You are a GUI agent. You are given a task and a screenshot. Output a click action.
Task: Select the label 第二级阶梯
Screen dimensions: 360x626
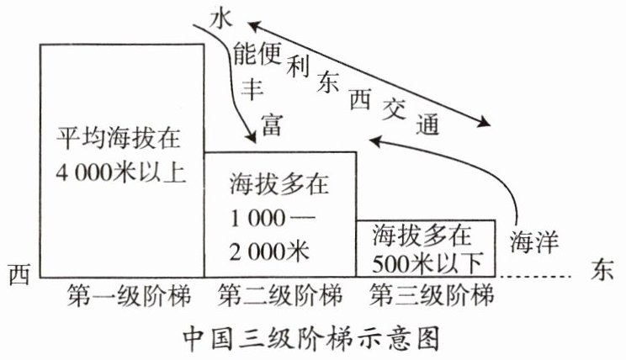point(280,296)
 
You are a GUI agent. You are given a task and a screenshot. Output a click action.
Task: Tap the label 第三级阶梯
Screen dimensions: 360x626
point(430,296)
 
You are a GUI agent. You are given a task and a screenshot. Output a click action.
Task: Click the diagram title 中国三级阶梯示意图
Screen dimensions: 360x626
point(311,338)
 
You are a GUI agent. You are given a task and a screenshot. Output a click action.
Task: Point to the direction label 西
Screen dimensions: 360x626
point(19,273)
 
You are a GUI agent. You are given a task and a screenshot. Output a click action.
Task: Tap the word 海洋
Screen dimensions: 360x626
point(534,241)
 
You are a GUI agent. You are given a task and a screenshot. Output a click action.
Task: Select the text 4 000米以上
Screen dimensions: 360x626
point(120,174)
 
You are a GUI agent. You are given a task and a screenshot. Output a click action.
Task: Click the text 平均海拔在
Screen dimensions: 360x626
point(120,137)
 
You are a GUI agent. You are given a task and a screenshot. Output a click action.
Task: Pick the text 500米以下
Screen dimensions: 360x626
point(427,261)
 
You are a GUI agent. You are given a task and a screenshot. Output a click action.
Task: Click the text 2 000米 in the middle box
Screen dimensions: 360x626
point(268,250)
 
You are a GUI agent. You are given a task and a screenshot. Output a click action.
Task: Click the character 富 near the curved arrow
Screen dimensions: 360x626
point(271,128)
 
